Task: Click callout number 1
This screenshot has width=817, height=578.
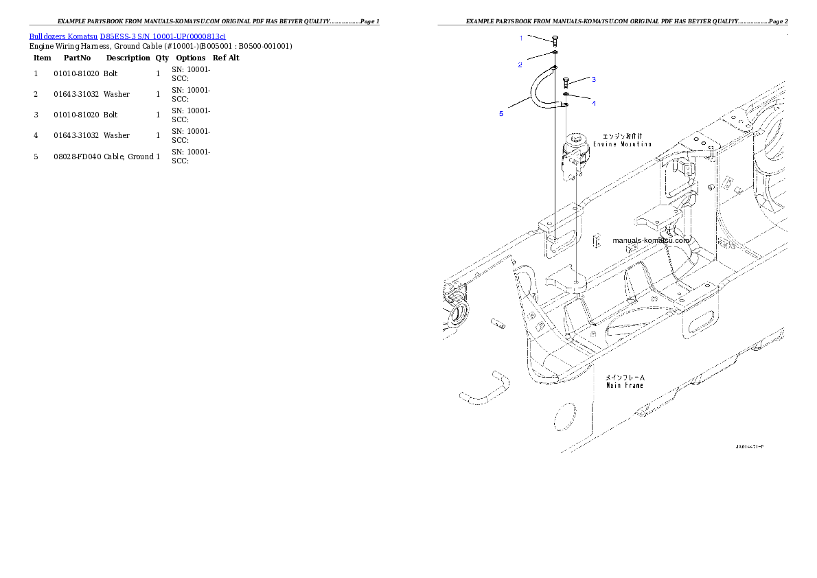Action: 520,37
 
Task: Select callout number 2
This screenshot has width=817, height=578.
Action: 520,65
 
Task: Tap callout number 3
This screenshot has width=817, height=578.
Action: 594,79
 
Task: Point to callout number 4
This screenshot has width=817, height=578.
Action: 594,103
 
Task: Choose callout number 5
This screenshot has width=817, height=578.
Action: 501,114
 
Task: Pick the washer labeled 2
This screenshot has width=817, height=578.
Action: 555,52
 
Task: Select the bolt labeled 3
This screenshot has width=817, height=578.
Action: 566,83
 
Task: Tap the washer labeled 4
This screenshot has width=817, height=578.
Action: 566,94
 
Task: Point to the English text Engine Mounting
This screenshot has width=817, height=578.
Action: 622,144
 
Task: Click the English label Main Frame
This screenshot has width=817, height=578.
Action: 624,385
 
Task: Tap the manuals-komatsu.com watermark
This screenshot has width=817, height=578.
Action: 650,241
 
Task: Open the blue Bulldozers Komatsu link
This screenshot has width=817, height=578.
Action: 127,36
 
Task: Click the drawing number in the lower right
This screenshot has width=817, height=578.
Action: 749,446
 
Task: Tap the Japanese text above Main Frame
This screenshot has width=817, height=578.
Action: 624,377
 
